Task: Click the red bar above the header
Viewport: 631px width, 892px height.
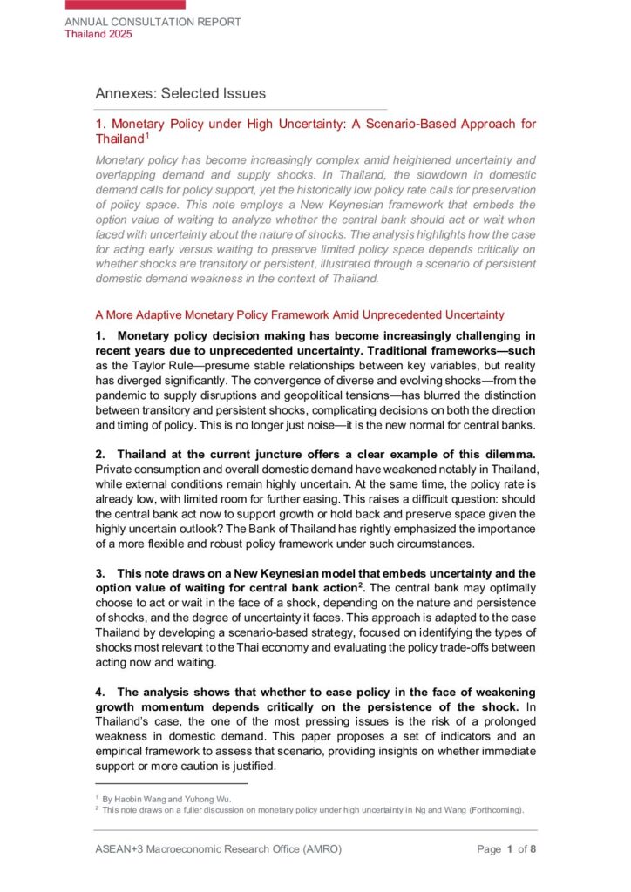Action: (x=126, y=4)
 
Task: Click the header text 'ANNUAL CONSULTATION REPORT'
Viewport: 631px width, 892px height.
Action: (x=153, y=22)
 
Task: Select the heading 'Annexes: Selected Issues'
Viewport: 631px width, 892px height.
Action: (x=180, y=93)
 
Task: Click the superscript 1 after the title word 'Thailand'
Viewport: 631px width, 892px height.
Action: (x=147, y=135)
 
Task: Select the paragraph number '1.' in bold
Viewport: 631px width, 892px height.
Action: (x=100, y=335)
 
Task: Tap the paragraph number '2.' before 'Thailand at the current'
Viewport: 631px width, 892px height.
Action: (x=100, y=456)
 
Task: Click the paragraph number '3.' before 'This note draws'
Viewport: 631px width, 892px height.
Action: (x=100, y=572)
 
